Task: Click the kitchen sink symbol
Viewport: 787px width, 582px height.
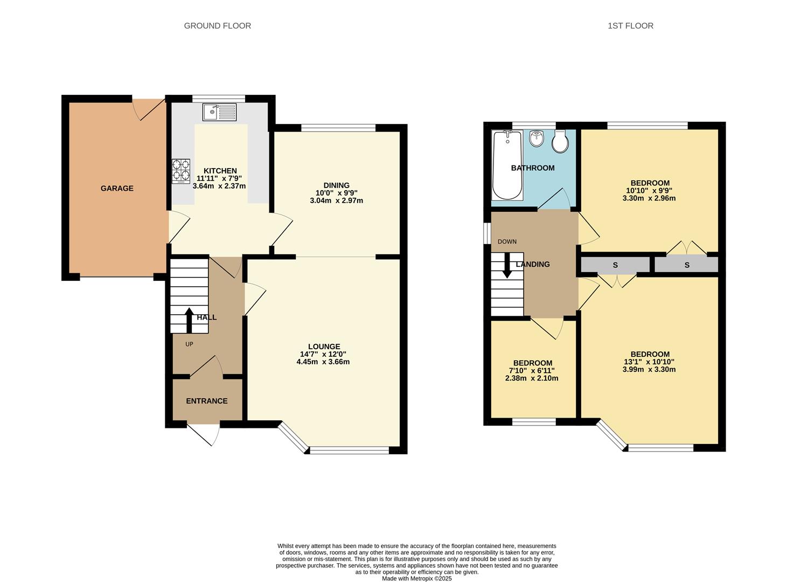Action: pyautogui.click(x=219, y=112)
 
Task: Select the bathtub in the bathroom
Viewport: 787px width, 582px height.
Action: pyautogui.click(x=507, y=165)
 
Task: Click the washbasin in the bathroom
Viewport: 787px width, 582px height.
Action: pyautogui.click(x=536, y=139)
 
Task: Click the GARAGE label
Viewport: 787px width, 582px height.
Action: pyautogui.click(x=117, y=188)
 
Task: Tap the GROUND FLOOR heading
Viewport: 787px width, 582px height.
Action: pyautogui.click(x=217, y=25)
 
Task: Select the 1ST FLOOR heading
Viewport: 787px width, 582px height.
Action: pyautogui.click(x=630, y=25)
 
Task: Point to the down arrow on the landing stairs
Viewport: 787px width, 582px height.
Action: pyautogui.click(x=507, y=267)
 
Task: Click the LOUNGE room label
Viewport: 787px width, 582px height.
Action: pyautogui.click(x=324, y=347)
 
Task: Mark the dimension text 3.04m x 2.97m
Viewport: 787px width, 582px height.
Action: pyautogui.click(x=336, y=200)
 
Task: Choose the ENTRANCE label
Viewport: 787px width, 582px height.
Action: pyautogui.click(x=207, y=401)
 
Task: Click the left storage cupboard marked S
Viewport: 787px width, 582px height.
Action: pyautogui.click(x=615, y=265)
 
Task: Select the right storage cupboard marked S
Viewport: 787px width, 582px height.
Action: pyautogui.click(x=687, y=265)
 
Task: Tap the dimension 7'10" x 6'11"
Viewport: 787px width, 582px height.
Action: pyautogui.click(x=532, y=371)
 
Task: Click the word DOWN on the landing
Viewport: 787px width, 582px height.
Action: pyautogui.click(x=507, y=242)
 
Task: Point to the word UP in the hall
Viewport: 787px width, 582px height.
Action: pyautogui.click(x=189, y=344)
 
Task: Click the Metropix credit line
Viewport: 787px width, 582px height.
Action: pyautogui.click(x=416, y=579)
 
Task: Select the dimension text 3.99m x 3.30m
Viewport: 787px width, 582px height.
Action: pyautogui.click(x=649, y=370)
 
